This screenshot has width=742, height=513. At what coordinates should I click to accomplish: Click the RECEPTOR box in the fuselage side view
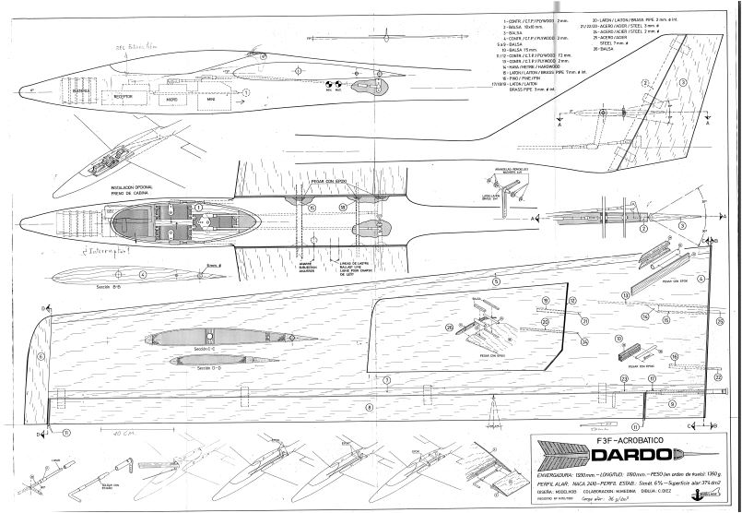121,94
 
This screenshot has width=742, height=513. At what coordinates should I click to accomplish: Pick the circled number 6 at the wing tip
40,353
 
